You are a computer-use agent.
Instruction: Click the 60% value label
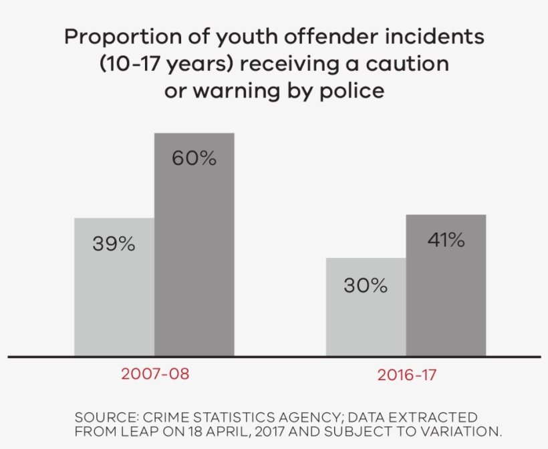(194, 158)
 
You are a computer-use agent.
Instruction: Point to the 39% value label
(114, 245)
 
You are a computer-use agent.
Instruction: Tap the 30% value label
(366, 286)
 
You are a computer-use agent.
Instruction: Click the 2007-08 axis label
(155, 374)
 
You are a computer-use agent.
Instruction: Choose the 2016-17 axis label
(407, 375)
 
